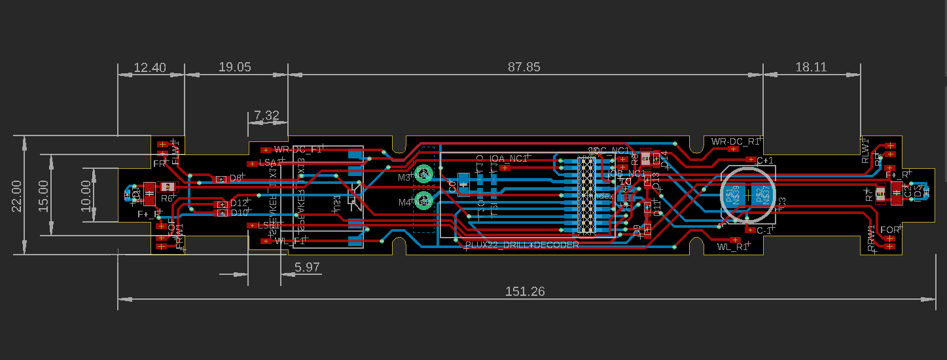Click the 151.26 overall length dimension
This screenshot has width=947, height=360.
524,292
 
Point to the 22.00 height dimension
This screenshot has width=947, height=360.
15,195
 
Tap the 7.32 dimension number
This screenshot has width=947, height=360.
267,115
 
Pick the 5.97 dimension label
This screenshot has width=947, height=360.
307,267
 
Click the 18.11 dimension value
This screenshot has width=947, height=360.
811,67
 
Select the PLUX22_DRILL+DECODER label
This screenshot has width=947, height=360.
522,245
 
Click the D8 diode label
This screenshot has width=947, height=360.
235,178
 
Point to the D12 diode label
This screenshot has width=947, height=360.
239,204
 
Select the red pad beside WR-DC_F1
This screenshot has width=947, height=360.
265,150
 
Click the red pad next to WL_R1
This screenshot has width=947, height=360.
734,240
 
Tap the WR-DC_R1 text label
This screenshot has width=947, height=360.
735,141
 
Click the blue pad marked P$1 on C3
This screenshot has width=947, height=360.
733,194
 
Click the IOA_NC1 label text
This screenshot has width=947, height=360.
509,158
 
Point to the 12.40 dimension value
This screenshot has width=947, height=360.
150,67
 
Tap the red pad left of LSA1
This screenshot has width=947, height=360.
251,163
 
